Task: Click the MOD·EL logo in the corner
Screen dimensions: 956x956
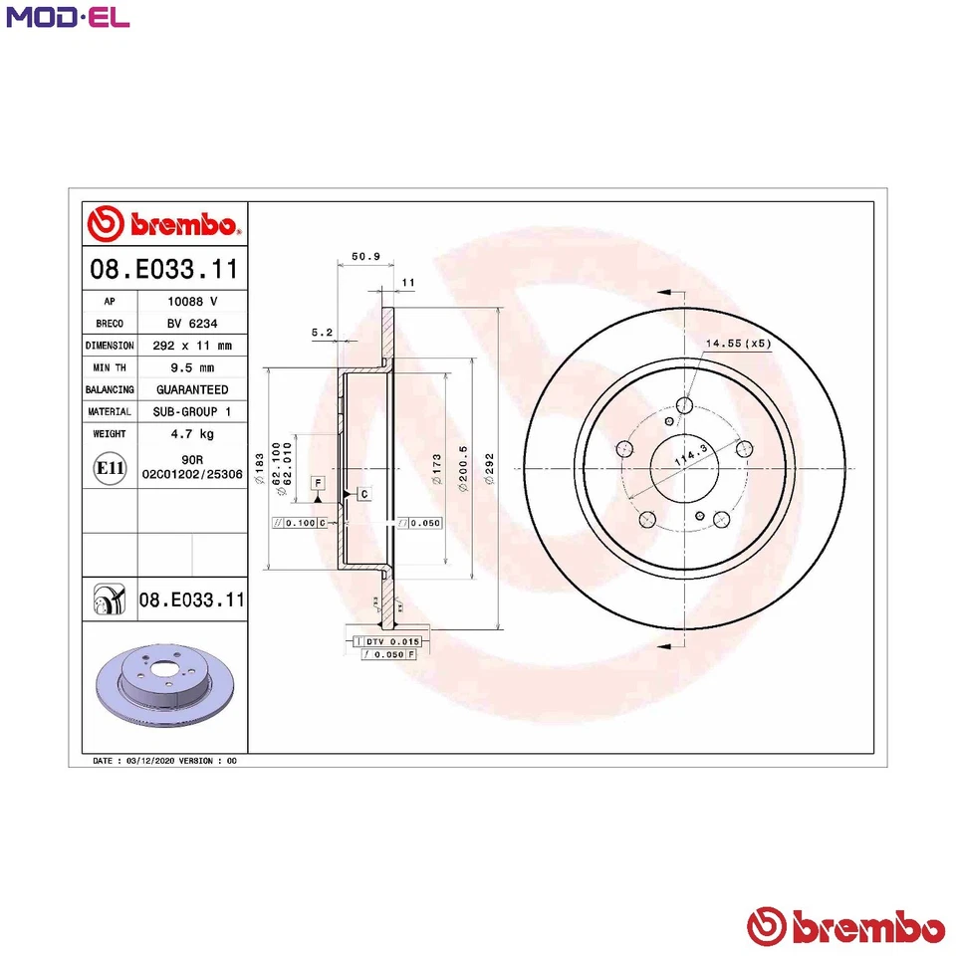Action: (67, 17)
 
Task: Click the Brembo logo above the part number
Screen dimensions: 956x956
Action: (163, 225)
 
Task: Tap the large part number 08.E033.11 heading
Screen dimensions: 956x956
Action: (163, 269)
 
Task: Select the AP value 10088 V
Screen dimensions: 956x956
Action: (191, 302)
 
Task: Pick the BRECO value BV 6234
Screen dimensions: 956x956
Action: (191, 324)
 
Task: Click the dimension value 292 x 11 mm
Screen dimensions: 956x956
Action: (191, 346)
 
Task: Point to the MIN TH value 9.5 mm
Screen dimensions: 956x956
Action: (191, 367)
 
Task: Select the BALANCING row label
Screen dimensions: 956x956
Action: (109, 389)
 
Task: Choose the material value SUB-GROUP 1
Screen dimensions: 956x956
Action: (191, 411)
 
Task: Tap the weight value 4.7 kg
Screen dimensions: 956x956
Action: (191, 434)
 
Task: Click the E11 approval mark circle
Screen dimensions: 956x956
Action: (108, 467)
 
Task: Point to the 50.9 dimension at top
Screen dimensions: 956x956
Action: (366, 257)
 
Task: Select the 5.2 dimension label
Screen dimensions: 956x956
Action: (322, 331)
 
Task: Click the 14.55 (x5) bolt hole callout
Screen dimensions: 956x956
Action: (738, 344)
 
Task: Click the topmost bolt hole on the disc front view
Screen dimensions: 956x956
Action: (684, 405)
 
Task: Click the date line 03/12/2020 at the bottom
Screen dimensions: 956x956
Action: (164, 760)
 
